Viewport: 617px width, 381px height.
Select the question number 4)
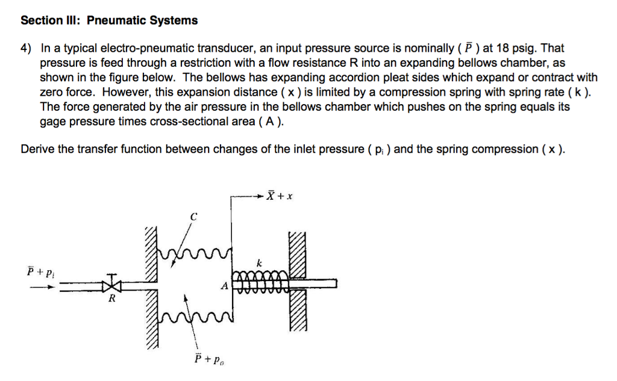[x=27, y=48]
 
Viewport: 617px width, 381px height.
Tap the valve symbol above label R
[x=111, y=282]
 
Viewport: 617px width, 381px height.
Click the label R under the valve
[x=111, y=299]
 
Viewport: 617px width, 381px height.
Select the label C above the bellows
[x=193, y=215]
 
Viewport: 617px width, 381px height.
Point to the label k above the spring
[x=259, y=263]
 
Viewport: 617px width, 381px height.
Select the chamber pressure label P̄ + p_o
[x=207, y=359]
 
